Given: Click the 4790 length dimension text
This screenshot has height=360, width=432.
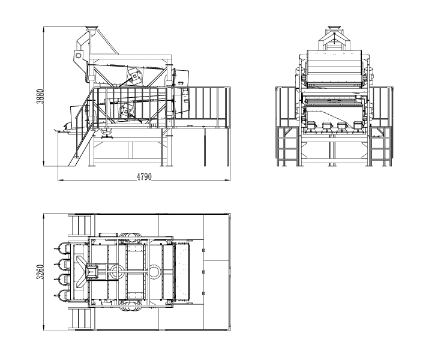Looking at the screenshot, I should pos(144,177).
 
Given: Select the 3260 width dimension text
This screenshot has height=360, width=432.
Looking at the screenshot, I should pos(40,271).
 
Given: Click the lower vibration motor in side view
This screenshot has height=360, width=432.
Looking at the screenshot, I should pos(127,110).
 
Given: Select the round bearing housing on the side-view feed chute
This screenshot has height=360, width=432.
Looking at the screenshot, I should pos(78,55).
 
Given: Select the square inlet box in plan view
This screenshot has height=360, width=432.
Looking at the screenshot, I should pos(93,271).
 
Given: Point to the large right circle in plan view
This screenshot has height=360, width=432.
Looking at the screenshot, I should pos(155,272).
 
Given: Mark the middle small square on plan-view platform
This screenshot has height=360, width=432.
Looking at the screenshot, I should pos(204,271).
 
